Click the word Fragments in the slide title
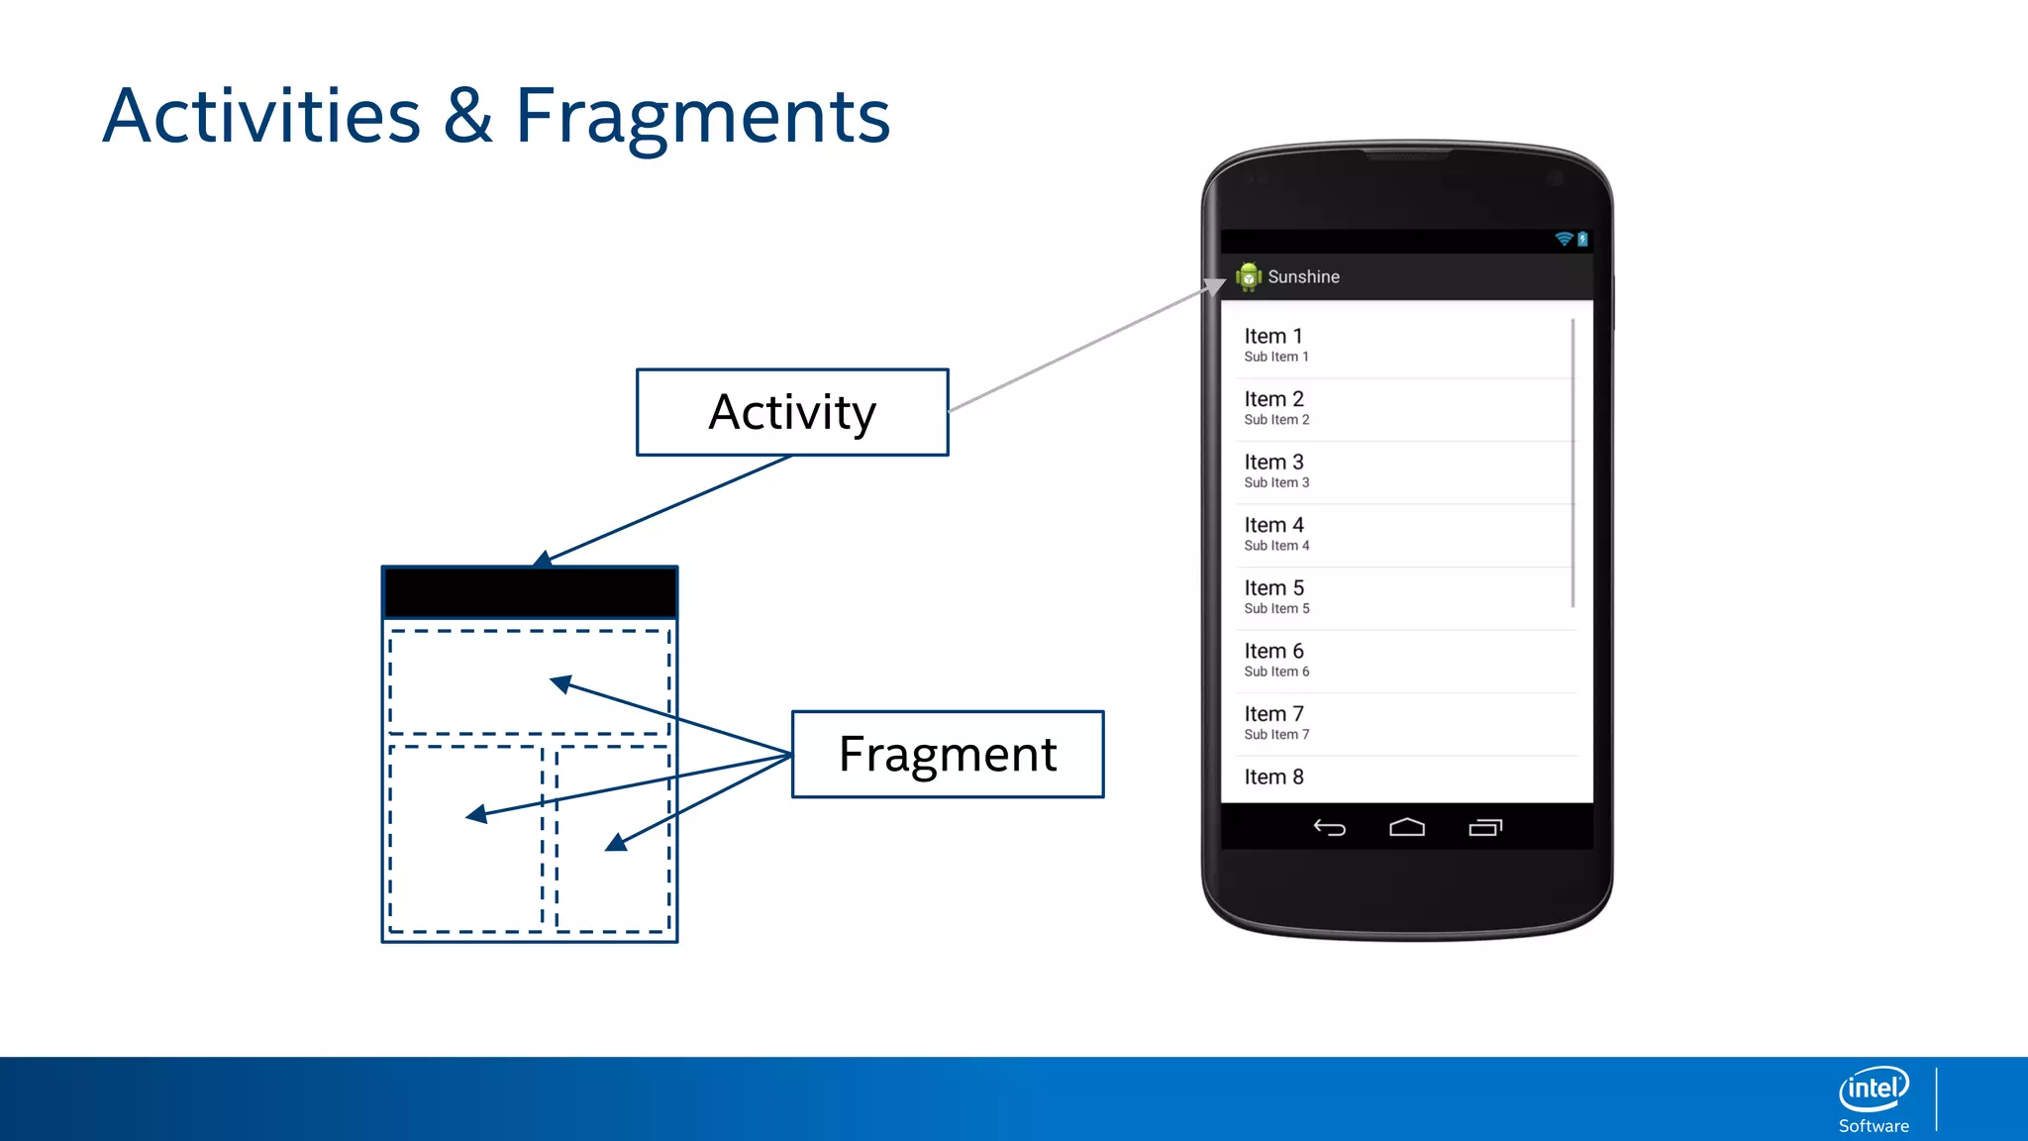[702, 117]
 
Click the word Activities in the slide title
[261, 117]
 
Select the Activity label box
[792, 412]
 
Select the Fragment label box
[948, 754]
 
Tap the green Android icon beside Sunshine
[1249, 277]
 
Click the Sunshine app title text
[1303, 277]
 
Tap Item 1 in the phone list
[1273, 337]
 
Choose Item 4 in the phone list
[1273, 525]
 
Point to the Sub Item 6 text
[1276, 672]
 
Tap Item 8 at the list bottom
[1273, 778]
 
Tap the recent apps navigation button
[1485, 827]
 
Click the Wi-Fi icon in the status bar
[1564, 239]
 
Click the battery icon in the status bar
[1582, 239]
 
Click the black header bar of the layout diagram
[530, 593]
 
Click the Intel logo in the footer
[1874, 1089]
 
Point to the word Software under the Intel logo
[1874, 1126]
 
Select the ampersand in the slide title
[467, 117]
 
